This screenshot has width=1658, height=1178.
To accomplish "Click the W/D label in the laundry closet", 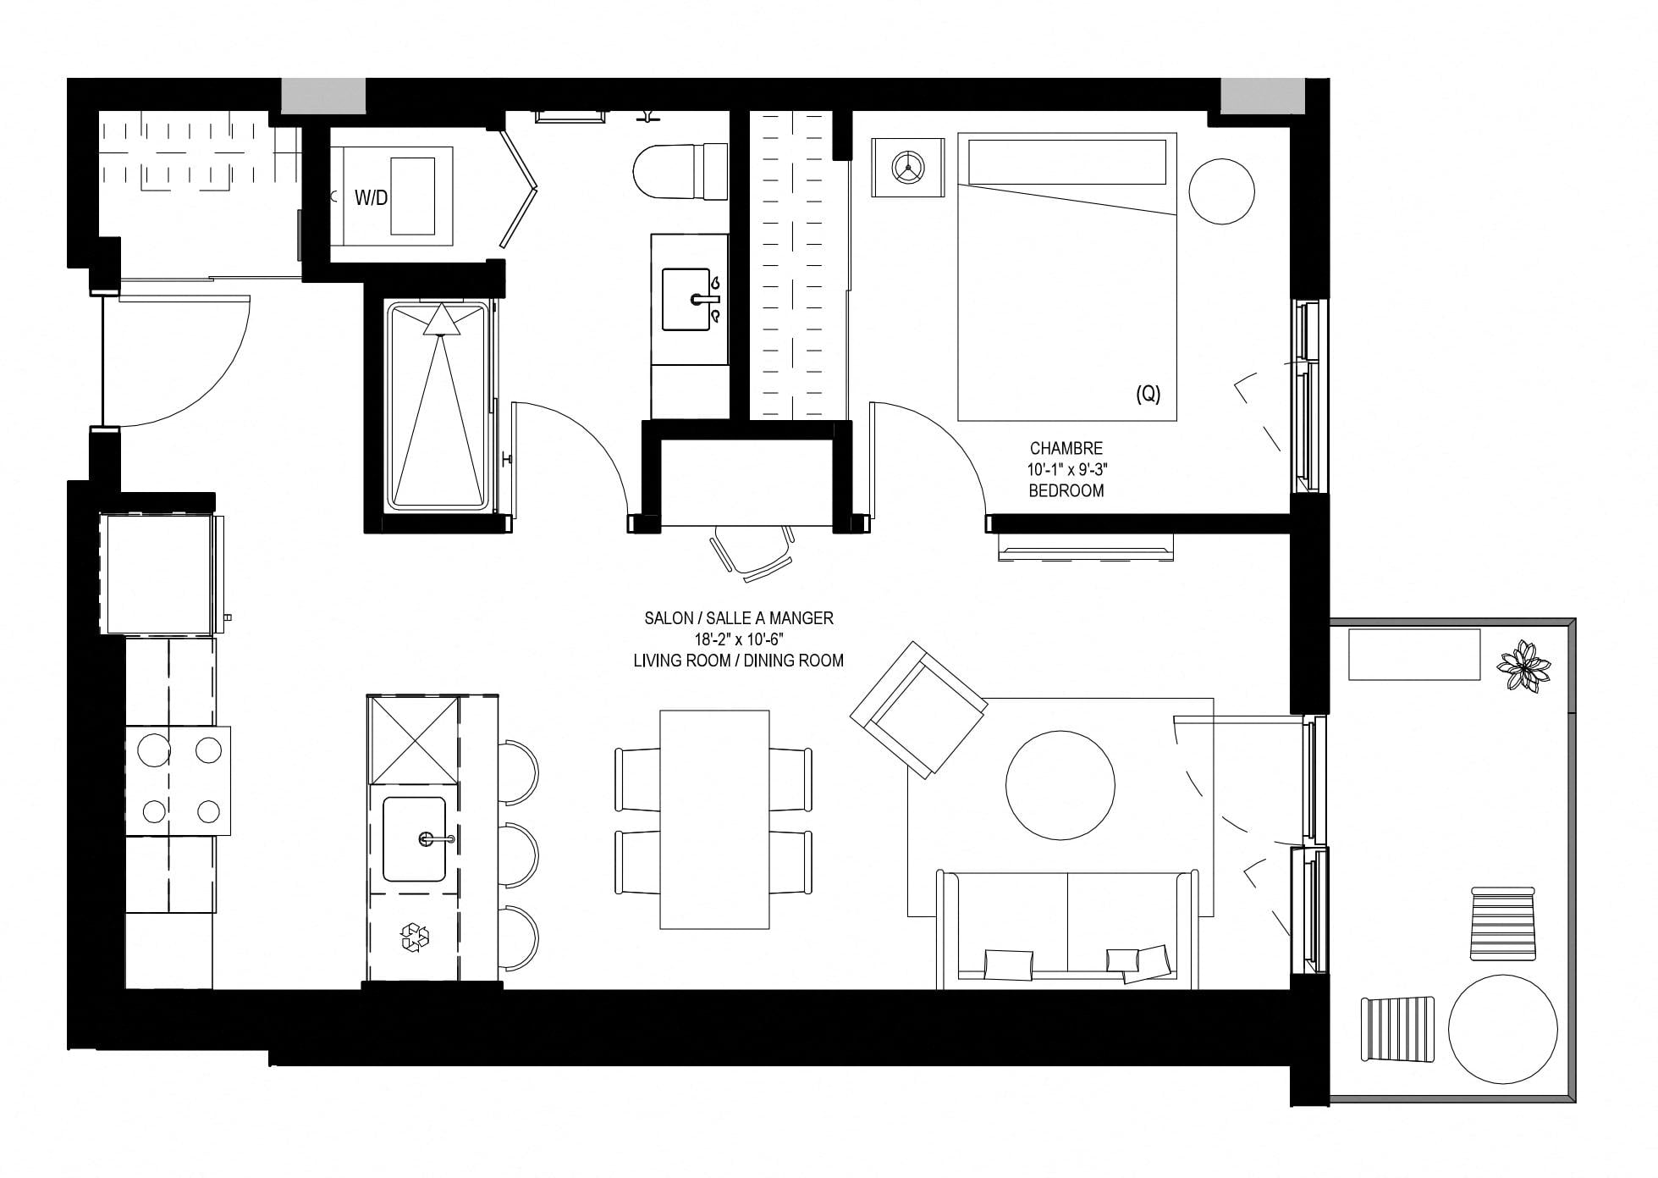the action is (x=371, y=198).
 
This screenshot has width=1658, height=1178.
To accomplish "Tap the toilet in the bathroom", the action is (x=680, y=171).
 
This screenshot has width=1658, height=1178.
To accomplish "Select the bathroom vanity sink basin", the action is (x=686, y=299).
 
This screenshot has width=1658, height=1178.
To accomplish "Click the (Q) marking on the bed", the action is (x=1148, y=394).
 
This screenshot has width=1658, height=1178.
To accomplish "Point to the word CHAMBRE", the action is (x=1066, y=448).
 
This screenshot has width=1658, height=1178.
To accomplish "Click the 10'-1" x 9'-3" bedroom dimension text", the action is (x=1066, y=469).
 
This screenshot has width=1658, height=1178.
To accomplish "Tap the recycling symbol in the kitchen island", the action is (x=415, y=937).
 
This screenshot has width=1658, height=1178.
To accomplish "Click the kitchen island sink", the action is (x=415, y=838).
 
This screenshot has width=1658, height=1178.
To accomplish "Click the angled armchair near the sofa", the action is (x=918, y=708).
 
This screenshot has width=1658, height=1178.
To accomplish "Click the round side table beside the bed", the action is (x=1222, y=191).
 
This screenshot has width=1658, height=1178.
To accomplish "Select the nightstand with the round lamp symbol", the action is (x=908, y=168).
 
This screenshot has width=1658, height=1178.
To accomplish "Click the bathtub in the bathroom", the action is (x=438, y=406).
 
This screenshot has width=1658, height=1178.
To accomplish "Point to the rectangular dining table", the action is (x=714, y=820).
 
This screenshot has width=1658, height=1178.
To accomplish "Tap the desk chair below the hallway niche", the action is (x=752, y=552).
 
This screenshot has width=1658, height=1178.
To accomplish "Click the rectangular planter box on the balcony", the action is (x=1414, y=654).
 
